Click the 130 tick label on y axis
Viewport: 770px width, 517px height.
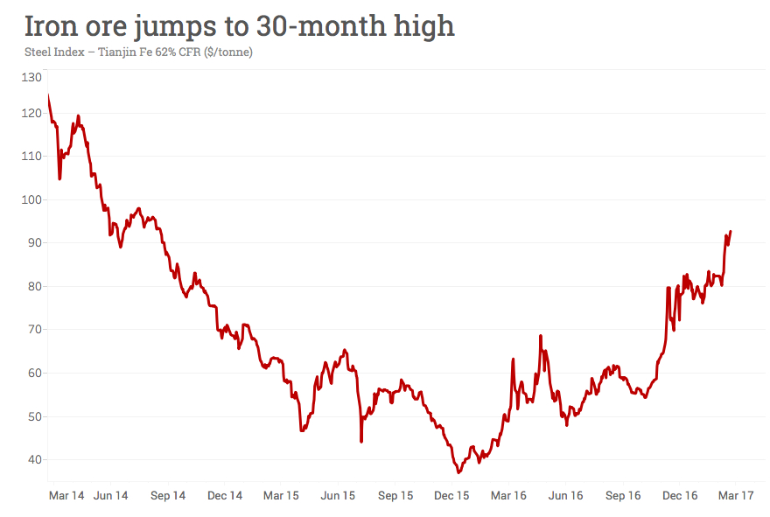pos(32,78)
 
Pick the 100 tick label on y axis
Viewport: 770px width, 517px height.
pos(32,199)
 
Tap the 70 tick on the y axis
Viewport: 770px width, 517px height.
pos(35,330)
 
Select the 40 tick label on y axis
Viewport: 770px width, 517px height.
pos(35,460)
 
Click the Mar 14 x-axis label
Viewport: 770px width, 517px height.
pos(66,496)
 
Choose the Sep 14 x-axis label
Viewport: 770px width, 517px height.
pos(168,496)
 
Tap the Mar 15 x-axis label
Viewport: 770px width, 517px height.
pos(281,496)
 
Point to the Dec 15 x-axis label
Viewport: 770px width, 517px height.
pos(451,496)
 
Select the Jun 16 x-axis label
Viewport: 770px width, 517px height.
pos(565,496)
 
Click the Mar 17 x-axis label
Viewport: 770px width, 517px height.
pos(736,496)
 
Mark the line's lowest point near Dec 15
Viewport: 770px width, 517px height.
pos(458,472)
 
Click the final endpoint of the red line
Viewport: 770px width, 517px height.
pos(731,232)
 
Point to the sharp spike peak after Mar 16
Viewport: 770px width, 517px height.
pos(541,336)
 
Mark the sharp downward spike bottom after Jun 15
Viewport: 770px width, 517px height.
pos(361,441)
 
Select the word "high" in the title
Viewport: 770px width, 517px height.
pos(423,25)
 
